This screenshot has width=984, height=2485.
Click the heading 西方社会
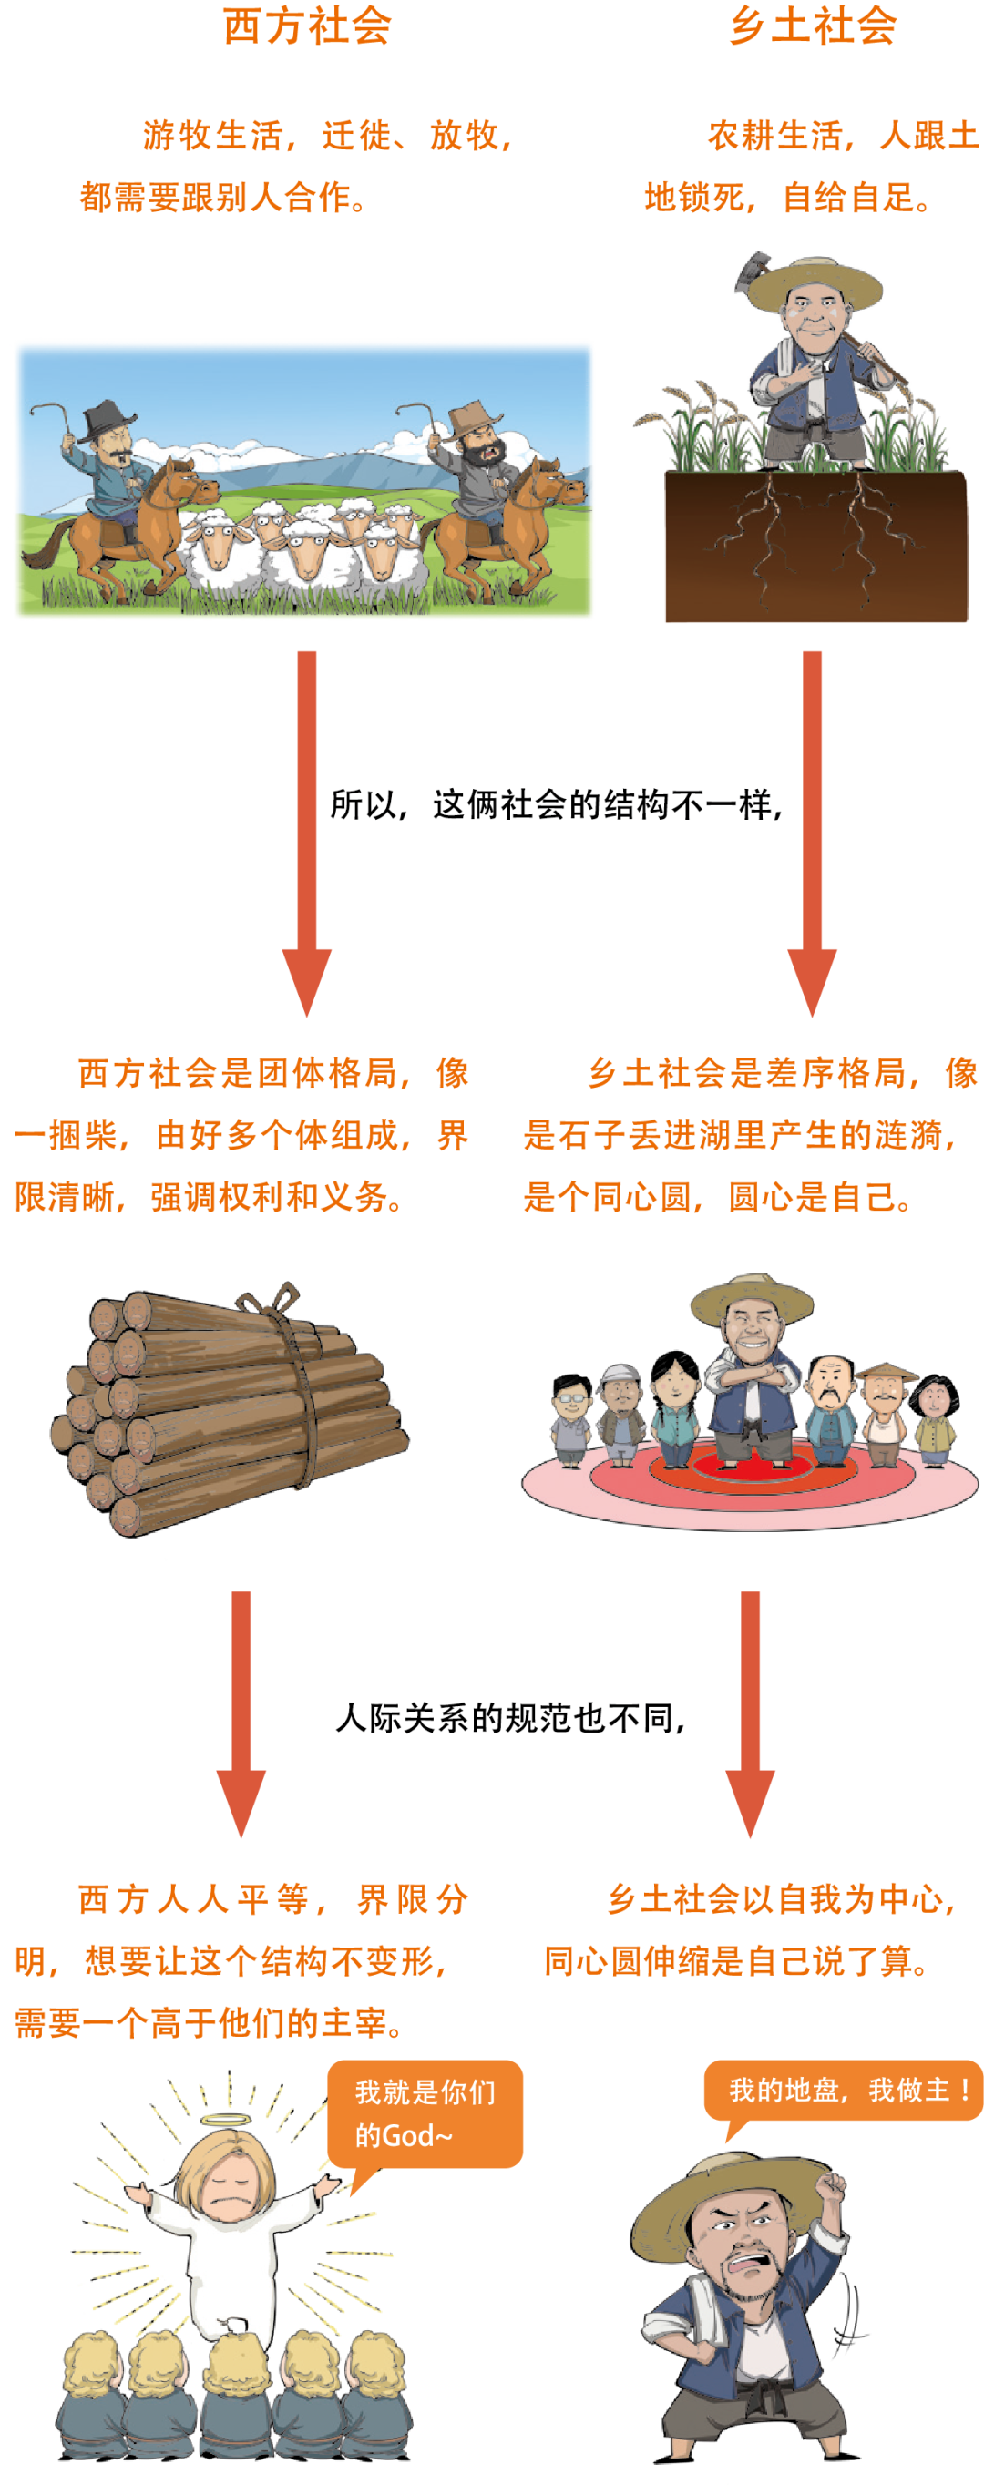click(308, 26)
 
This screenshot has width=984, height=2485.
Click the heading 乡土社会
click(813, 26)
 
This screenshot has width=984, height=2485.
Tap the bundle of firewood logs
click(231, 1399)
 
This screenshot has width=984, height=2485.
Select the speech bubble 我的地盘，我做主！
click(844, 2090)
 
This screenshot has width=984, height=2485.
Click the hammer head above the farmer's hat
click(753, 269)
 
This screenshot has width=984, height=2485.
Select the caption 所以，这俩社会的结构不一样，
click(556, 803)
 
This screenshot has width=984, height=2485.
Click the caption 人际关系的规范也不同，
click(510, 1718)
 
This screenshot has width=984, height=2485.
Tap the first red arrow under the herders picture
click(307, 830)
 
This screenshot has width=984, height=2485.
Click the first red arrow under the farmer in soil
click(813, 830)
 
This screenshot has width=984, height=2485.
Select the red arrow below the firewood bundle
click(241, 1713)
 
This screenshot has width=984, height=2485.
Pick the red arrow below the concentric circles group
click(751, 1713)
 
